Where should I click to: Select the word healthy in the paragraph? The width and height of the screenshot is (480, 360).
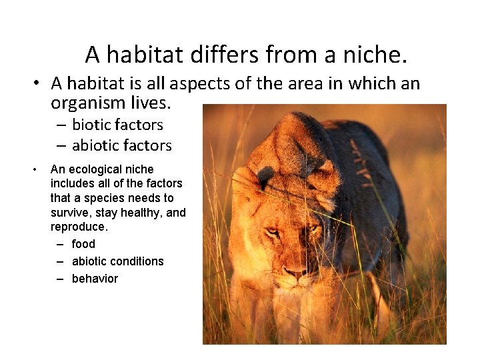(141, 213)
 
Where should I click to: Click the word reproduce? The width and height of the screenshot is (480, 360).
(78, 227)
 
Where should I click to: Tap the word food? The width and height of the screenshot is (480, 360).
(83, 244)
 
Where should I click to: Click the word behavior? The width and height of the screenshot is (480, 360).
(95, 279)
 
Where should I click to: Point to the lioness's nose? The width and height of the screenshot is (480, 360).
(295, 272)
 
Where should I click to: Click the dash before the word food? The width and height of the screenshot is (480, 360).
(60, 244)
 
